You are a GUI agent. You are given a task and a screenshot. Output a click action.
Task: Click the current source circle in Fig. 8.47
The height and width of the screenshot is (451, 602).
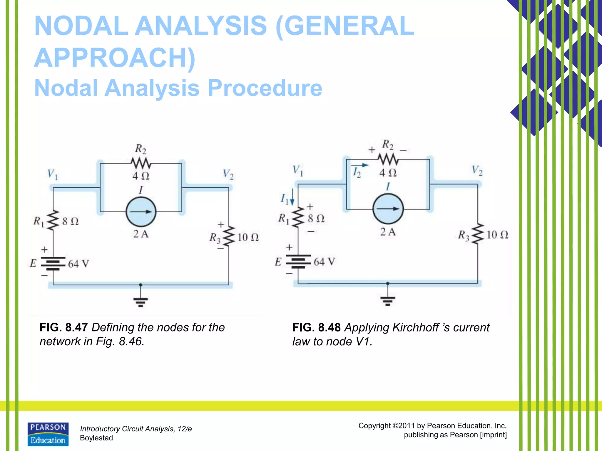click(141, 212)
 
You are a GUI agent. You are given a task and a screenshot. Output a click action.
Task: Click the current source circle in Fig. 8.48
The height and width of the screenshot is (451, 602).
click(388, 209)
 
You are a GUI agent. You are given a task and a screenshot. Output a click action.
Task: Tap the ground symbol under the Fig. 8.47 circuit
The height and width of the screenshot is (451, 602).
click(141, 302)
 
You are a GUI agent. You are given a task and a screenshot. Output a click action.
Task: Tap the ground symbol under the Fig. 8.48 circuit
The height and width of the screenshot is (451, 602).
click(388, 301)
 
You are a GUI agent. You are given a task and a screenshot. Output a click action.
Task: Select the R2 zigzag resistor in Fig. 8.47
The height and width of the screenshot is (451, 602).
click(141, 162)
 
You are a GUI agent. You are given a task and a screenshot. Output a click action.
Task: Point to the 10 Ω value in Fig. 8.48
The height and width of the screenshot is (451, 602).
click(497, 235)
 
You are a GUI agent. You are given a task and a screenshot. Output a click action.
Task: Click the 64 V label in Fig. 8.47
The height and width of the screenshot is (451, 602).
click(78, 264)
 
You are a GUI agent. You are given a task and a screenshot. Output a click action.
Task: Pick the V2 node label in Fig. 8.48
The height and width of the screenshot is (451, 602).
click(477, 170)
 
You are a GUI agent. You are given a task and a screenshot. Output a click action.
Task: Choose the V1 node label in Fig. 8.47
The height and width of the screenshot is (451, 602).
click(53, 174)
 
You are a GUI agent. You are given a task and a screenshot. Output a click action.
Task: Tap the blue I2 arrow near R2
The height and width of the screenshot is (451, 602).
click(360, 166)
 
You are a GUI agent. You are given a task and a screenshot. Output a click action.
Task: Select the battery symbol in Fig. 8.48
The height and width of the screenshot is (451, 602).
click(298, 261)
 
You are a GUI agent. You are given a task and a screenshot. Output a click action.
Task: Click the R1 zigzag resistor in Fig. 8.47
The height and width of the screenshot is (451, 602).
click(53, 221)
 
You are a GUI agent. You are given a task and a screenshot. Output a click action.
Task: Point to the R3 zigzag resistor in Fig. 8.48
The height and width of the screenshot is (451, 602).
click(478, 234)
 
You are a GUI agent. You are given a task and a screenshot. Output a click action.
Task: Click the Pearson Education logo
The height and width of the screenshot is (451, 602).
click(48, 434)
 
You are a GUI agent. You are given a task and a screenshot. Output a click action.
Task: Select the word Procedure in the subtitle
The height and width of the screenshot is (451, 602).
click(265, 88)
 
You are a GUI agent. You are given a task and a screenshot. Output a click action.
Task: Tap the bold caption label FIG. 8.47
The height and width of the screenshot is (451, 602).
click(63, 327)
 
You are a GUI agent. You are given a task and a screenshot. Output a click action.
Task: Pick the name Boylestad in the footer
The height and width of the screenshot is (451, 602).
click(96, 438)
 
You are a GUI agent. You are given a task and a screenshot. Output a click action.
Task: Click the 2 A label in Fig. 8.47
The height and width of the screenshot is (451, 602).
click(141, 234)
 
